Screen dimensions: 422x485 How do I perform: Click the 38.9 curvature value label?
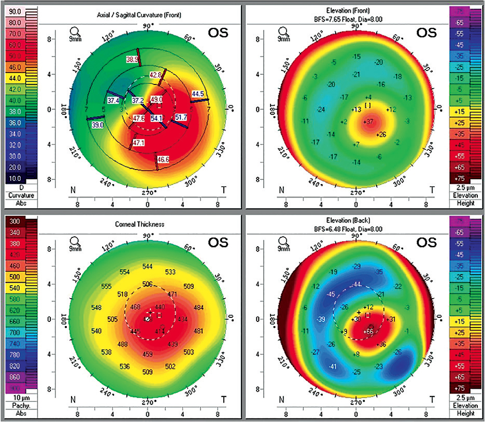132,60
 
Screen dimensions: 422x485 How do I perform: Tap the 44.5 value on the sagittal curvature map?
197,94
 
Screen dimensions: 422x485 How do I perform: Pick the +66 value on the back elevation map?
368,331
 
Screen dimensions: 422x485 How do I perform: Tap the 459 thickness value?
148,354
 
